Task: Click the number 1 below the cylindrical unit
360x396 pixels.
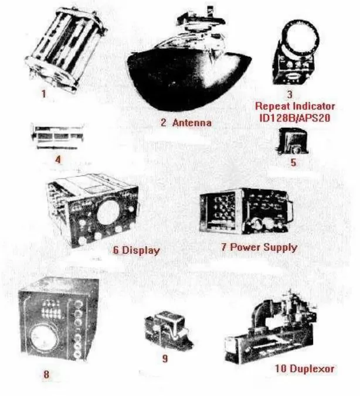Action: point(44,94)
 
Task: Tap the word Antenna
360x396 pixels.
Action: point(192,123)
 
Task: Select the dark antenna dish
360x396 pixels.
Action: point(189,80)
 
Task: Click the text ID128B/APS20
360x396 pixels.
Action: point(295,118)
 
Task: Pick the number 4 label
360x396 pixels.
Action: point(58,159)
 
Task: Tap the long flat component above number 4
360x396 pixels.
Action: point(57,136)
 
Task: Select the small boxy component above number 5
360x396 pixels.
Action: point(293,141)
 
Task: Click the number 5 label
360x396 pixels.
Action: point(293,162)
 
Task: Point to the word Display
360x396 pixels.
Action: point(141,250)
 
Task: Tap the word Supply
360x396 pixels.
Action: point(280,247)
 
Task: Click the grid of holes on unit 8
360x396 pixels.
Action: point(52,309)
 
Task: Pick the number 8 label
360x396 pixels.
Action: point(46,374)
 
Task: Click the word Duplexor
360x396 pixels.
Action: point(312,368)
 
